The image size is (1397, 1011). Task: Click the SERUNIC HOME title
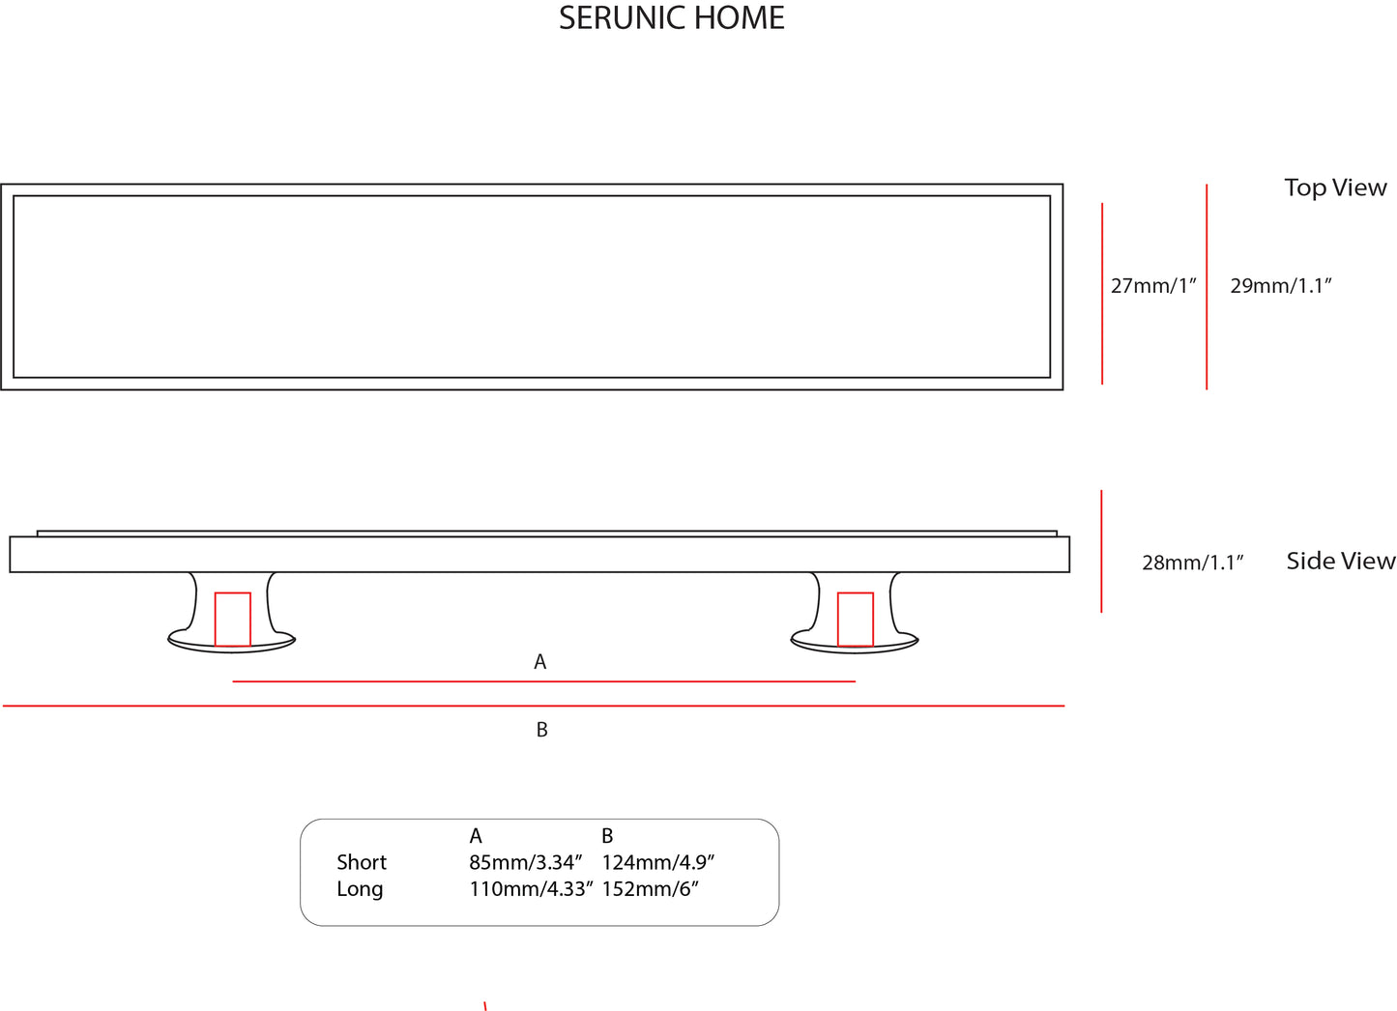coord(671,18)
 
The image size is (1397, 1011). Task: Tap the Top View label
coord(1335,188)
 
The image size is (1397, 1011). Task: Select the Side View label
coord(1340,561)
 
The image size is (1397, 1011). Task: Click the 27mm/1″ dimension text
coord(1153,286)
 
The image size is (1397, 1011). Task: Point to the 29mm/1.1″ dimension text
coord(1281,286)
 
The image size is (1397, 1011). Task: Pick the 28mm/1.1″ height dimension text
coord(1192,563)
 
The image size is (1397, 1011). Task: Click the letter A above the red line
coord(540,662)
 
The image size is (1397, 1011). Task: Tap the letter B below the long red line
coord(541,730)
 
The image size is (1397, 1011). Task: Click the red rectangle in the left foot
coord(232,619)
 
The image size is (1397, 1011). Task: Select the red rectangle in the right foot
coord(855,619)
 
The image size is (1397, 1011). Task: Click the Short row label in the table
coord(362,862)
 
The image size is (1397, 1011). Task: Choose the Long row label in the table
coord(360,889)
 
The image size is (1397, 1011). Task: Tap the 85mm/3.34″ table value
coord(526,862)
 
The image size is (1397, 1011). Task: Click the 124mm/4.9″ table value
coord(657,862)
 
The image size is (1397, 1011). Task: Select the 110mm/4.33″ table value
coord(531,889)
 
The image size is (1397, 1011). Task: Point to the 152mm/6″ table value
coord(650,889)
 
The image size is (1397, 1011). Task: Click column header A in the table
coord(476,836)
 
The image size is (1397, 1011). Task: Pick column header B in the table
coord(607,836)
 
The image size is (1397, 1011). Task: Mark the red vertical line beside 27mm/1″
coord(1102,293)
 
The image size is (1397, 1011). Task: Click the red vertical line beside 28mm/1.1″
coord(1101,551)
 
